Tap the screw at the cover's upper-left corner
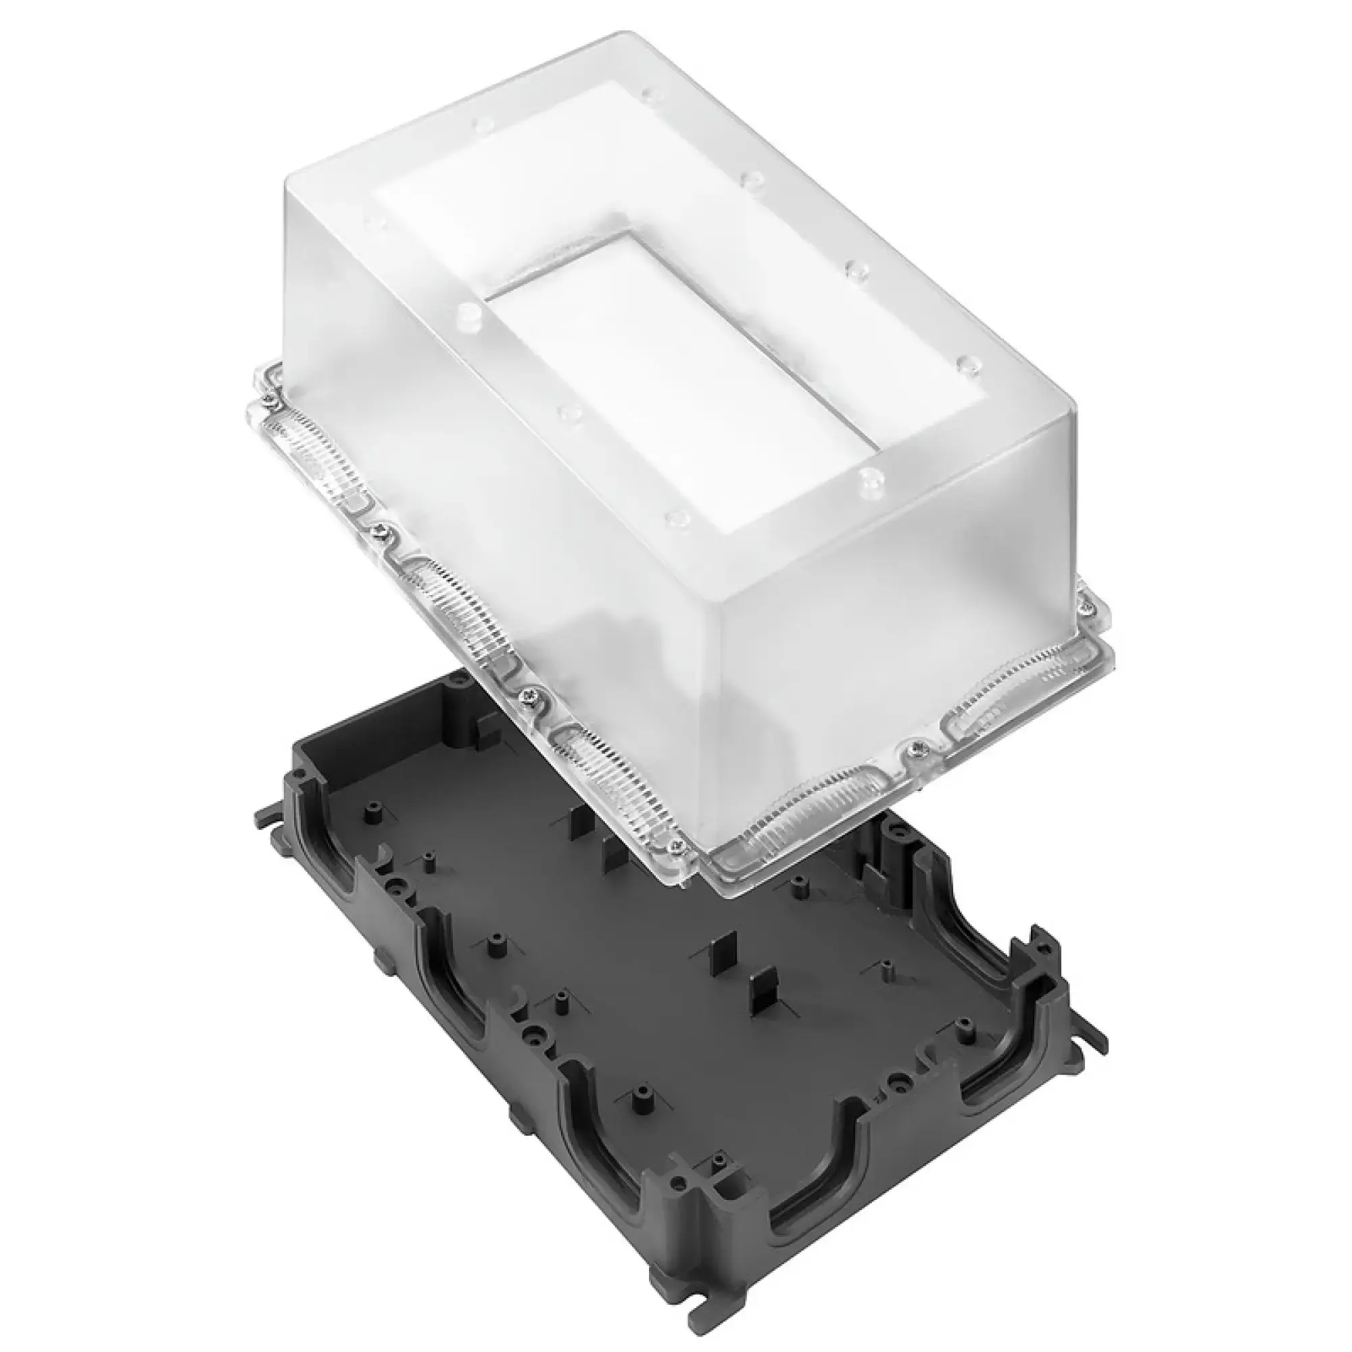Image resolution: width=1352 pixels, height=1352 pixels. coord(270,400)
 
